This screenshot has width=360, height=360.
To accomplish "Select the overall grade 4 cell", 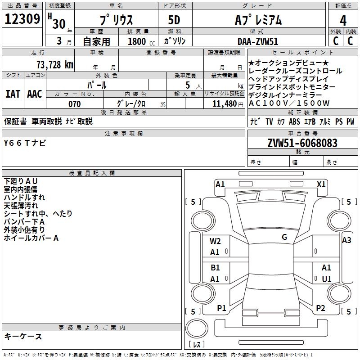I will (x=343, y=20).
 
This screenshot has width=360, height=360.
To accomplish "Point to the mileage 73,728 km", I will (x=54, y=64).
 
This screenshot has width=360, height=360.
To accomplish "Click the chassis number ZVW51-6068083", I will (x=302, y=144).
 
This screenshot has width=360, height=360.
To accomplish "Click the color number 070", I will (x=75, y=104).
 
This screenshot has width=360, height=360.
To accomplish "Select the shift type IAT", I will (x=13, y=94).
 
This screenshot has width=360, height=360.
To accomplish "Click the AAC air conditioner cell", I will (x=35, y=94).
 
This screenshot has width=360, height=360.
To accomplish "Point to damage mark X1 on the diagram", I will (x=321, y=184).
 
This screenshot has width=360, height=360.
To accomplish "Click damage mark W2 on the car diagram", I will (x=215, y=241).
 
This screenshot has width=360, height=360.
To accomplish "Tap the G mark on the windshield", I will (x=284, y=237).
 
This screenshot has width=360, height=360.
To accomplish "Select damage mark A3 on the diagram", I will (x=346, y=240).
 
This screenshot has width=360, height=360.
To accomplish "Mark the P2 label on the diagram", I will (x=320, y=308).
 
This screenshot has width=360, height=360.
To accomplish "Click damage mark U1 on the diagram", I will (x=327, y=279).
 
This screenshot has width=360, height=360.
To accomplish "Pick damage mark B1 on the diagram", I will (x=215, y=268).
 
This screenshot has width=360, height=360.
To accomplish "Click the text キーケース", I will (x=23, y=337).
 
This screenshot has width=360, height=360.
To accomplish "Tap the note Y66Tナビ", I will (x=24, y=143).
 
